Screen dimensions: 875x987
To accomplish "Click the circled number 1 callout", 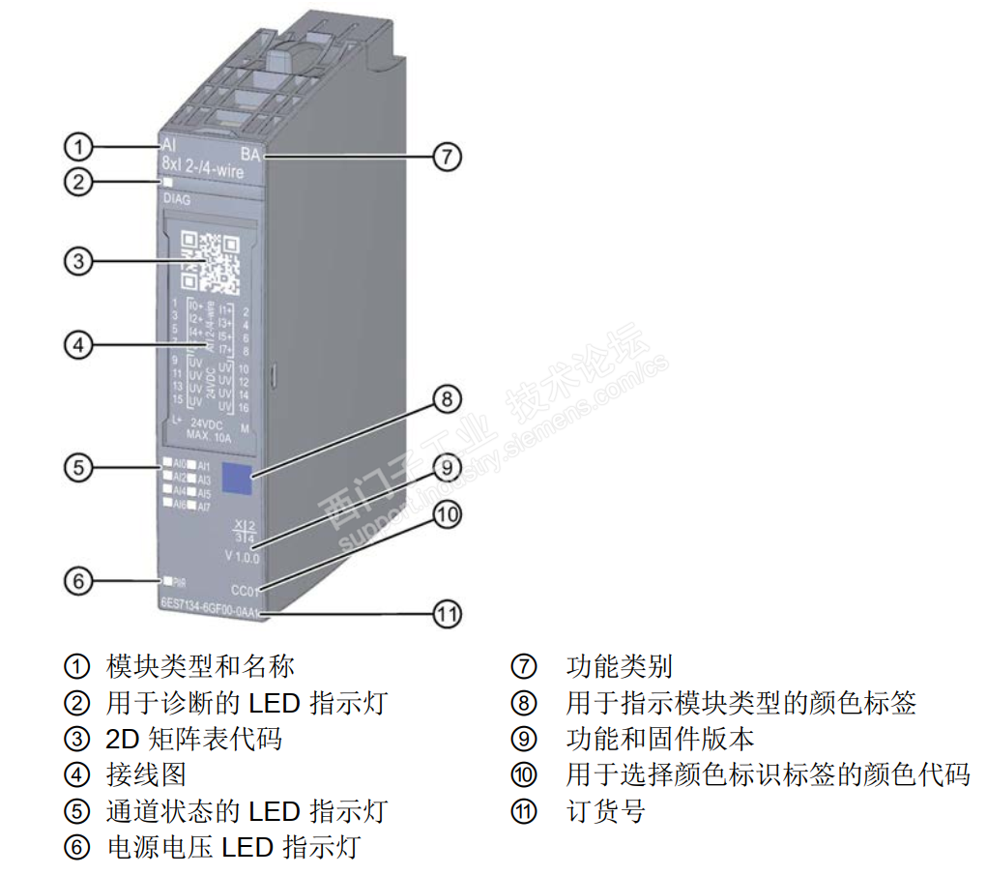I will (78, 147).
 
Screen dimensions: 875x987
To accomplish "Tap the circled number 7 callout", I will (446, 157).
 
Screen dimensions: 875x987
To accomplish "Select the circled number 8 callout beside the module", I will (445, 398).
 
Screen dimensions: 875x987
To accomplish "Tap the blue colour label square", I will (236, 478).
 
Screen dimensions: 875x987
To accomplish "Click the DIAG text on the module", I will (177, 201).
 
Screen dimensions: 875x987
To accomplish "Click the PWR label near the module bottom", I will (179, 582).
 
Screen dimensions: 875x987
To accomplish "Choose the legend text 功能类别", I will (619, 666).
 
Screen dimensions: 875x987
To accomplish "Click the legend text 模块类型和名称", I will (199, 666).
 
